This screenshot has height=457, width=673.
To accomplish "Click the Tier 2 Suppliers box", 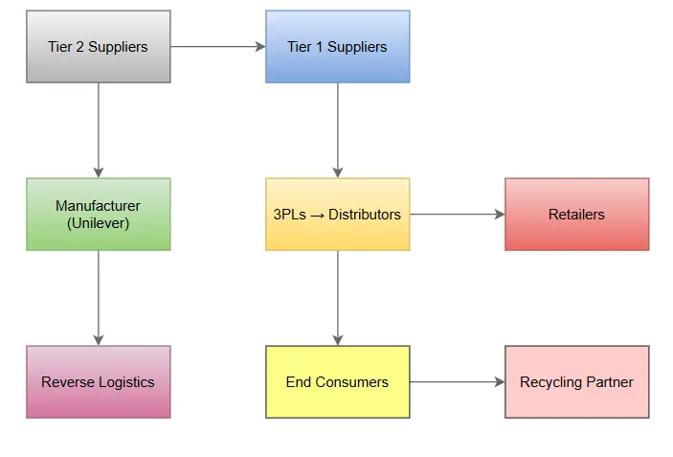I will point(98,46).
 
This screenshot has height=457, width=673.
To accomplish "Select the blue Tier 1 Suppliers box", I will point(337,46).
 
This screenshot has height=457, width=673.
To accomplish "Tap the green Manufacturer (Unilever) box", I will point(98,214).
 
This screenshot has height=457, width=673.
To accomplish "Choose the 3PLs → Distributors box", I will point(337,214).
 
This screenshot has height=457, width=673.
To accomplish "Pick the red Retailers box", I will point(576,214).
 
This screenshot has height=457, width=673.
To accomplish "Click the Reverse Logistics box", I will point(98,381).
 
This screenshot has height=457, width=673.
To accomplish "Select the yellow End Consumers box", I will point(337,381).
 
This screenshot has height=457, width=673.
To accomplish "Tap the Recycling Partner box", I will point(576,381).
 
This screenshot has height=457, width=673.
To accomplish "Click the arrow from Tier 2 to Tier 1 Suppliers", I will point(218,46).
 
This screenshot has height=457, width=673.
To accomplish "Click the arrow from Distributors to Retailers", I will point(458,215).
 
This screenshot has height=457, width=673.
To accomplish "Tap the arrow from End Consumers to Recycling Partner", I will point(458,382).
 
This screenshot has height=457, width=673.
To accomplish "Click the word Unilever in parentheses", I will point(98,223).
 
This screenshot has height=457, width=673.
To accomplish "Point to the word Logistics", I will point(123,382).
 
